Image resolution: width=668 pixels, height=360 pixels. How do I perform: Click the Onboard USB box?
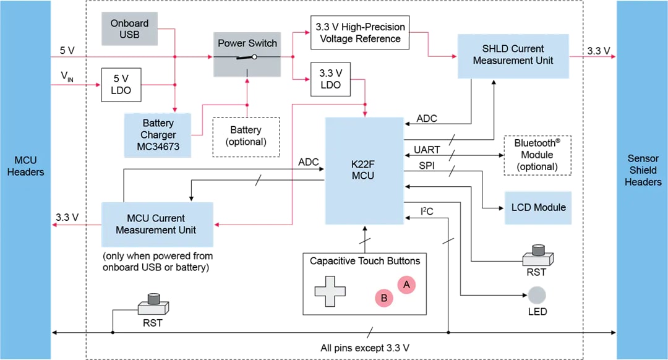click(x=130, y=28)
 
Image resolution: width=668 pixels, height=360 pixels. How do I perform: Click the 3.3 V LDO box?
click(x=331, y=79)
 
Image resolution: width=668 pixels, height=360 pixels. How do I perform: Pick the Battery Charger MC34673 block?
click(x=158, y=135)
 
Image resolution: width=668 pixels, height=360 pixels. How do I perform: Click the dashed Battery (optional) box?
click(x=246, y=135)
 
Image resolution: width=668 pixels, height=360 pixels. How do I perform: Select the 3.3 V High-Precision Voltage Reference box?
click(x=359, y=33)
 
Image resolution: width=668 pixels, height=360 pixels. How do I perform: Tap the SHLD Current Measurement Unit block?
click(x=513, y=55)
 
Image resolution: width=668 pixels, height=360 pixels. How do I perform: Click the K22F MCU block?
click(x=364, y=170)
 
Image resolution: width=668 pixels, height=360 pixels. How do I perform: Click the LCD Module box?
click(x=538, y=207)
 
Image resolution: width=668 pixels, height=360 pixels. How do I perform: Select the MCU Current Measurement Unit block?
click(x=157, y=224)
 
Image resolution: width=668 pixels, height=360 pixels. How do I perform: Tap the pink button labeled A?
click(x=406, y=285)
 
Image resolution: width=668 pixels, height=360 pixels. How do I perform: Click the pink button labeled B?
click(x=384, y=298)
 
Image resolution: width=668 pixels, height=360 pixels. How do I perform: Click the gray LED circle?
click(x=537, y=294)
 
